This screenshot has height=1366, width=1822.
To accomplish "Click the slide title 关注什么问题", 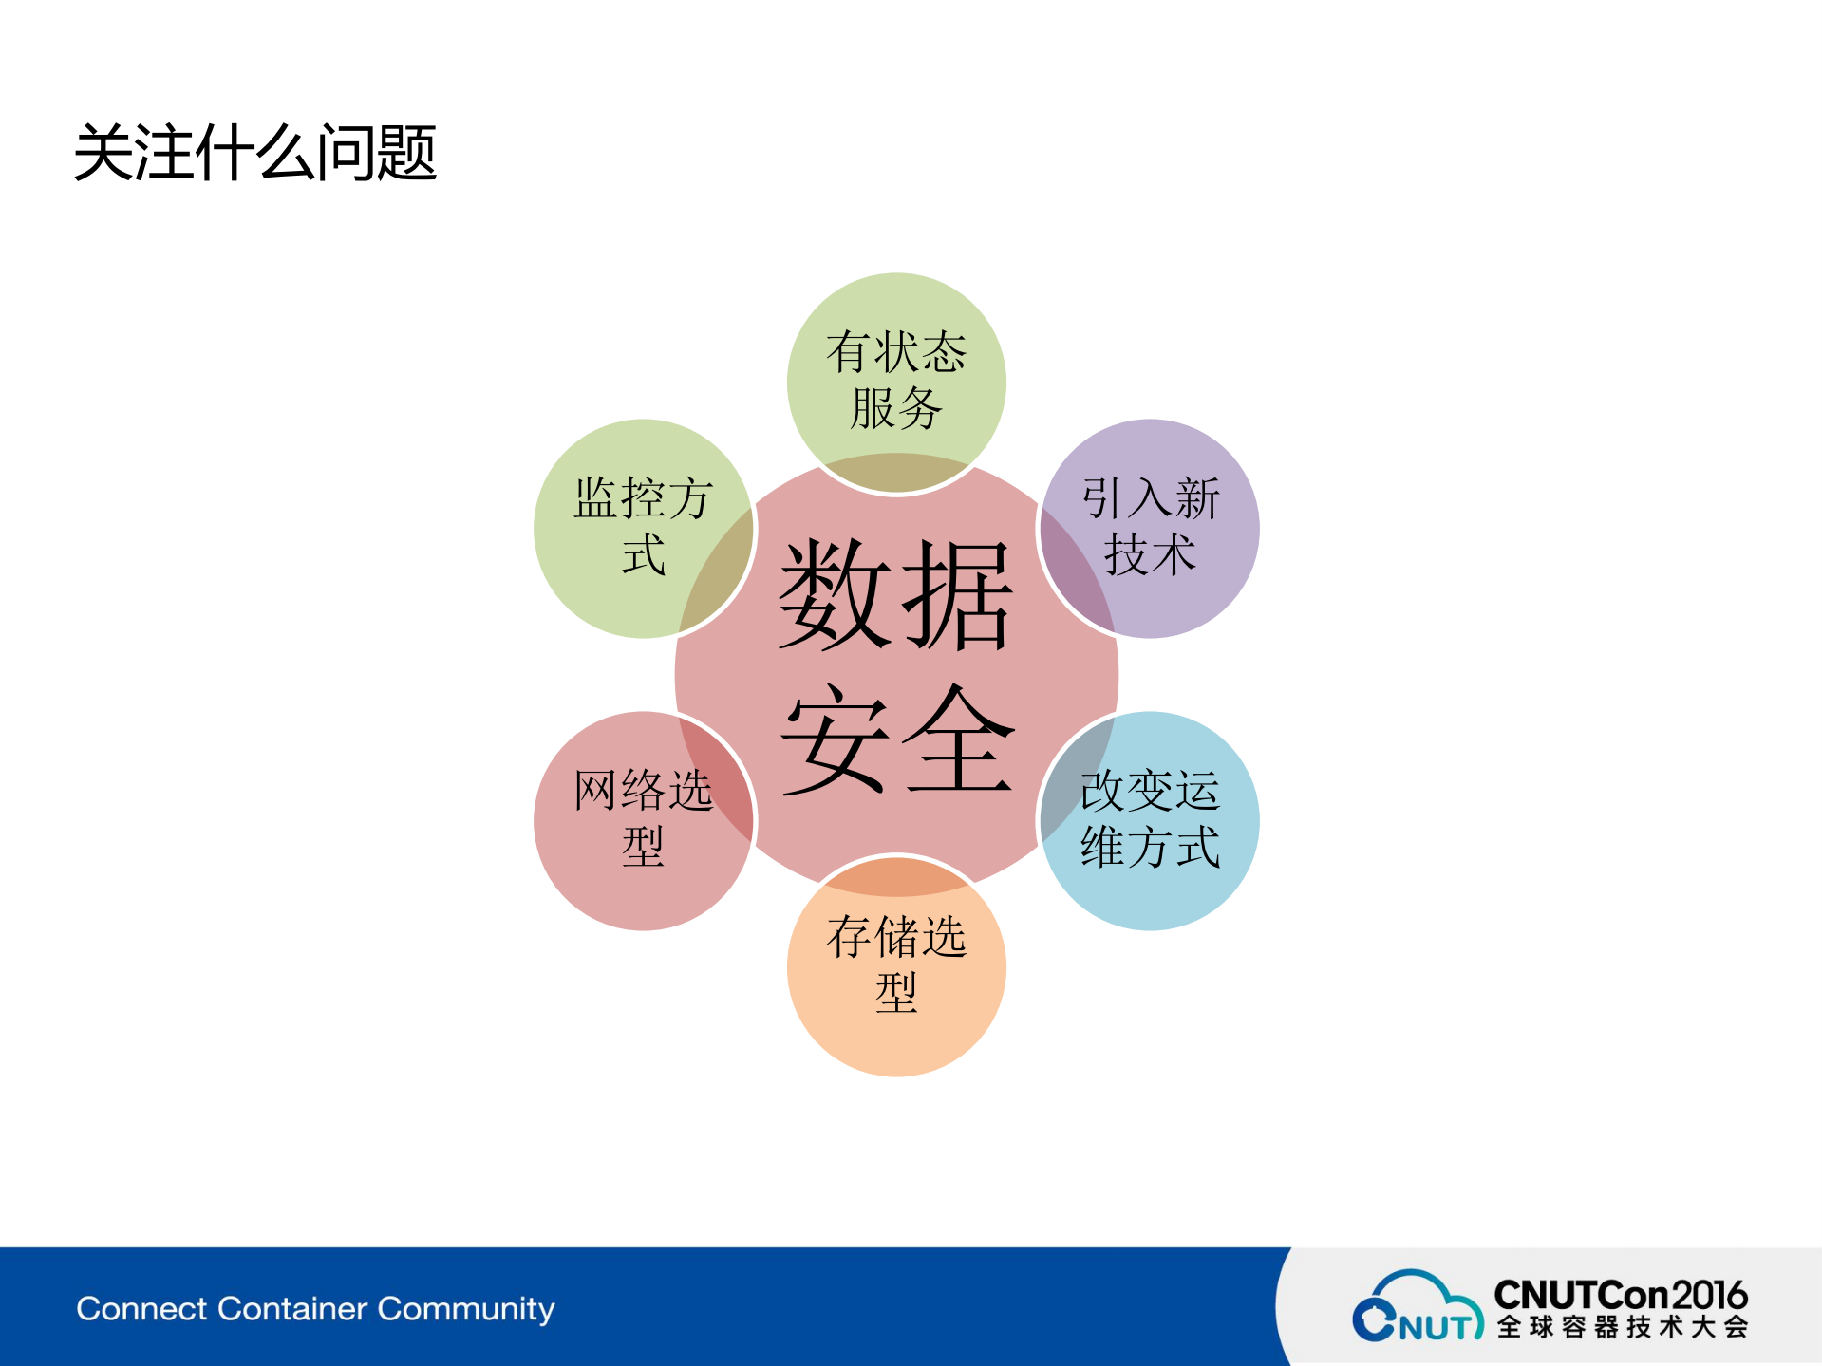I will pos(254,152).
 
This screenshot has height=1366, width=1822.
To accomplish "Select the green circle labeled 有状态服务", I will pos(895,380).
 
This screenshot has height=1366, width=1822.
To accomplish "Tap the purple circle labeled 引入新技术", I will pos(1151,527).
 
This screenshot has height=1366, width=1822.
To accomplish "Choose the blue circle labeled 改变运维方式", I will pos(1151,819).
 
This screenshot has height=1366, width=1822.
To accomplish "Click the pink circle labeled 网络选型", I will pos(643,819).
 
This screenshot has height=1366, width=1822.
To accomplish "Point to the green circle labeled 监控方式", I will pos(643,527).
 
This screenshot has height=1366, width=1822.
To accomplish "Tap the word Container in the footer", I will pos(291,1308).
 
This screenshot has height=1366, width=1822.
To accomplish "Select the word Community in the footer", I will pos(466,1310).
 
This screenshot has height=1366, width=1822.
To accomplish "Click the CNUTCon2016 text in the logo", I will pos(1620,1295).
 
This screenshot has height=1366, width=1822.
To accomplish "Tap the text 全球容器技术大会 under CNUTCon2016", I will pos(1622,1327).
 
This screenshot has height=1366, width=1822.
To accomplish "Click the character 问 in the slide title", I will pos(346,152).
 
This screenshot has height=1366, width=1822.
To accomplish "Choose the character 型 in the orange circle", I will pos(895,993).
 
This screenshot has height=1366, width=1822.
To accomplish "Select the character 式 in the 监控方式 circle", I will pos(643,554).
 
